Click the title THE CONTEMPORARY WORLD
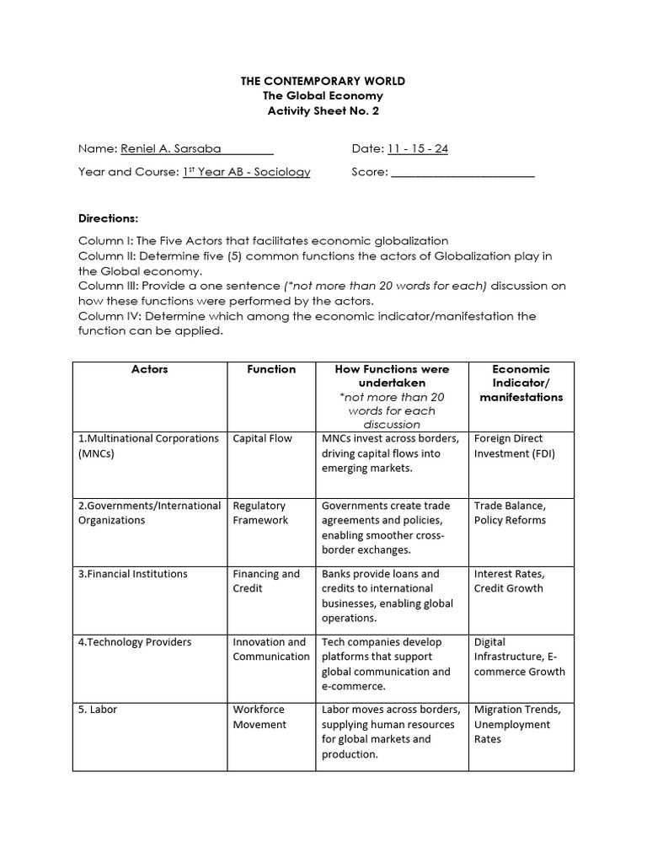click(x=323, y=81)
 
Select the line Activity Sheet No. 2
click(x=323, y=111)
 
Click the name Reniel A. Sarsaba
click(x=171, y=149)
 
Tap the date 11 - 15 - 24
click(x=417, y=149)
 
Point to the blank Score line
click(x=463, y=173)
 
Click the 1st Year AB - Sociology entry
click(x=246, y=172)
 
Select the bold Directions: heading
click(x=108, y=217)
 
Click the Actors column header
click(x=150, y=369)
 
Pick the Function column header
click(x=270, y=369)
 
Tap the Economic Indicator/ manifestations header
click(x=521, y=383)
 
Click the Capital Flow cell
click(x=263, y=438)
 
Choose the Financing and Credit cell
click(x=266, y=581)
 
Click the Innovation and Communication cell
click(x=270, y=649)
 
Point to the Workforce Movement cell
click(x=259, y=717)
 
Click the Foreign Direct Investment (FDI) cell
click(x=515, y=446)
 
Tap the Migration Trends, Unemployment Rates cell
click(x=512, y=724)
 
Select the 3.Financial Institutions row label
click(x=133, y=574)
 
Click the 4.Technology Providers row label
click(x=136, y=642)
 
